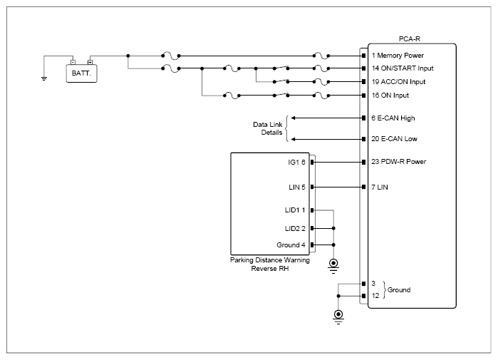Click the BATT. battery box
pyautogui.click(x=82, y=73)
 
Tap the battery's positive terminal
pyautogui.click(x=90, y=62)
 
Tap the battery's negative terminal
pyautogui.click(x=73, y=62)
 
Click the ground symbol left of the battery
pyautogui.click(x=44, y=78)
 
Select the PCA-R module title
pyautogui.click(x=410, y=38)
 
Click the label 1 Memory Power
pyautogui.click(x=398, y=56)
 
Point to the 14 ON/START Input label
pyautogui.click(x=403, y=68)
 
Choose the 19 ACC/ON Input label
pyautogui.click(x=398, y=82)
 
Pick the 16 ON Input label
pyautogui.click(x=390, y=96)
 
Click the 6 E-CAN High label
pyautogui.click(x=393, y=118)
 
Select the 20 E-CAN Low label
pyautogui.click(x=394, y=139)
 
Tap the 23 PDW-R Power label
pyautogui.click(x=398, y=162)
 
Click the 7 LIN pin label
pyautogui.click(x=380, y=187)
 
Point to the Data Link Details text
pyautogui.click(x=268, y=128)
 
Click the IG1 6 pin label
pyautogui.click(x=296, y=163)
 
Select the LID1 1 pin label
pyautogui.click(x=295, y=210)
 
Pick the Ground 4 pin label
pyautogui.click(x=291, y=245)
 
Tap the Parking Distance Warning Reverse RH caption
pyautogui.click(x=270, y=264)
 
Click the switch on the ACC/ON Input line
pyautogui.click(x=281, y=81)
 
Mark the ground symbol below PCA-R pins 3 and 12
pyautogui.click(x=338, y=316)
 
